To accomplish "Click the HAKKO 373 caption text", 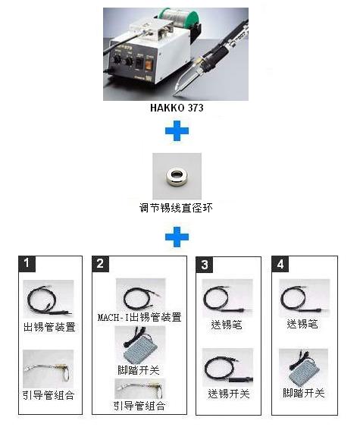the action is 177,108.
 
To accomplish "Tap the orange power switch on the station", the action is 149,64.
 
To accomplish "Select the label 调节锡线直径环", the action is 176,209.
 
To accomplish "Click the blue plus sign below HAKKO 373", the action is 177,131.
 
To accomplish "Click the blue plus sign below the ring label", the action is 177,237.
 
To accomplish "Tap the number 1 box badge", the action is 27,264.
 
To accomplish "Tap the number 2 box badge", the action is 100,264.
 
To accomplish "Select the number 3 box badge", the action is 205,265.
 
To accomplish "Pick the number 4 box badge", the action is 280,264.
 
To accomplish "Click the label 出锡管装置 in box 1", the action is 49,327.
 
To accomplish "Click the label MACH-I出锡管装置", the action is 139,317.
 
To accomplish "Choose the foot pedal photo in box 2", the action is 140,345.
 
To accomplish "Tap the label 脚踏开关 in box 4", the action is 304,393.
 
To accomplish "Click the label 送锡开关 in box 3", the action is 229,394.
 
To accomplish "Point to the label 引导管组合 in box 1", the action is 49,395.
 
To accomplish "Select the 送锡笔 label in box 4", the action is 302,324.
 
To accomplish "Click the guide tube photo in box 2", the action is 140,389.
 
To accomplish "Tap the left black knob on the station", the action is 117,59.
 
